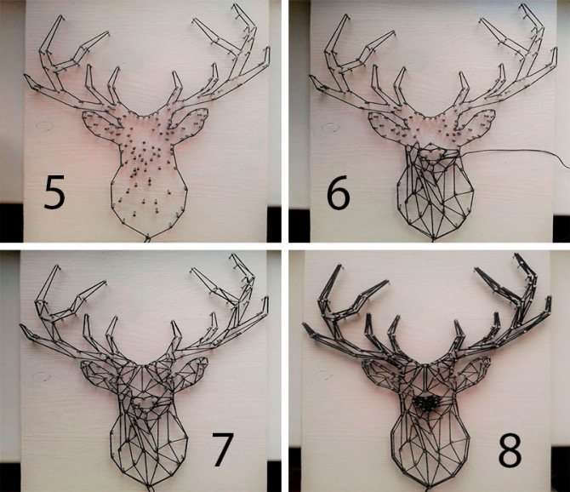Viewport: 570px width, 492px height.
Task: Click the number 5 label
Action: pyautogui.click(x=54, y=192)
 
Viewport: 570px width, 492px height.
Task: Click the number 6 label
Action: pyautogui.click(x=338, y=192)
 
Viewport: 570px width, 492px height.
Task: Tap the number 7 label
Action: pyautogui.click(x=223, y=449)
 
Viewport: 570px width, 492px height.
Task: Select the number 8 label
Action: pyautogui.click(x=510, y=449)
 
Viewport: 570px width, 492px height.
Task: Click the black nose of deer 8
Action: pyautogui.click(x=427, y=403)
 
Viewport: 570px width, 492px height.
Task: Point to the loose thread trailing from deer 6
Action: pyautogui.click(x=516, y=152)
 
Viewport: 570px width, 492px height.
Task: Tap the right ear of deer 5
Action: pyautogui.click(x=189, y=123)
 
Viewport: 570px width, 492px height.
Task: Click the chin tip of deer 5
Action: pyautogui.click(x=147, y=239)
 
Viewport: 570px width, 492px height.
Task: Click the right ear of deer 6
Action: pyautogui.click(x=476, y=123)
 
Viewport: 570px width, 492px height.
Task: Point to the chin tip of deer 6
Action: pyautogui.click(x=433, y=239)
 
